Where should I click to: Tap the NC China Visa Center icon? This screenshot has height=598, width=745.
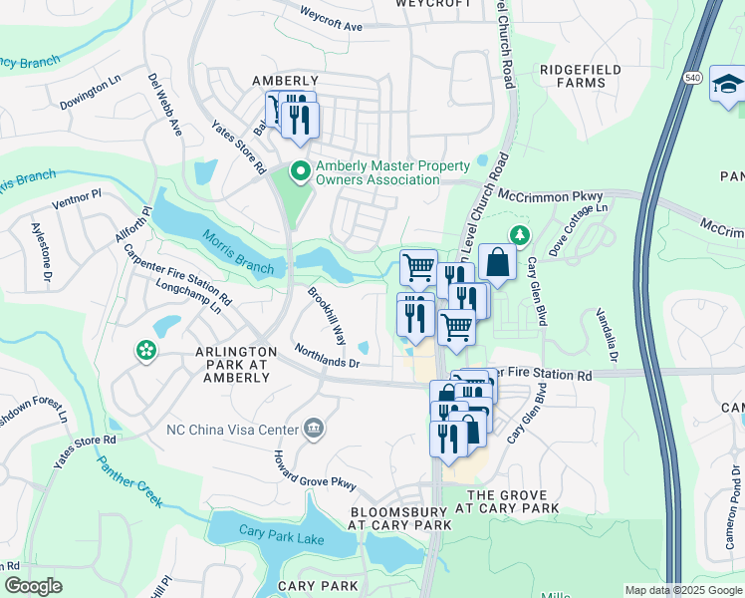click(x=315, y=430)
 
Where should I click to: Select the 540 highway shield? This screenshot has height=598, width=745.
click(x=694, y=77)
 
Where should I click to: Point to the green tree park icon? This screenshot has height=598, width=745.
click(x=518, y=235)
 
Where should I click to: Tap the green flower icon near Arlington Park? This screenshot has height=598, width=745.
click(x=146, y=351)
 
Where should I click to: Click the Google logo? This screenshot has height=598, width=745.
click(x=33, y=586)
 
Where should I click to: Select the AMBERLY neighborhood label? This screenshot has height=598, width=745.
click(x=285, y=81)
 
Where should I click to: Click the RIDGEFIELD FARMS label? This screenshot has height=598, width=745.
click(x=581, y=76)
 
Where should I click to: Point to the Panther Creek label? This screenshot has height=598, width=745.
click(x=129, y=483)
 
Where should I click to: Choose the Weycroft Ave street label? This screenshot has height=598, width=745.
click(x=332, y=21)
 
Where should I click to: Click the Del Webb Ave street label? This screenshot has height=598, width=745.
click(x=164, y=105)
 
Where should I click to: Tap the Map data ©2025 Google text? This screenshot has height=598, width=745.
click(x=683, y=590)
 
